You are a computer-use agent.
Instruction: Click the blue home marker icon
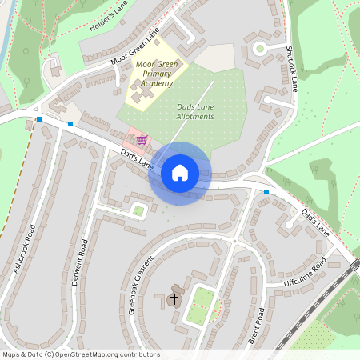coord(180,173)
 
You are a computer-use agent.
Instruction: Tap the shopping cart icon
coord(142,140)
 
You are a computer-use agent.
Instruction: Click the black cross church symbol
coord(174,298)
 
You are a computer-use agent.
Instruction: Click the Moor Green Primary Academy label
coord(155,73)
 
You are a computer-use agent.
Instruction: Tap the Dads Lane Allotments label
coord(195,111)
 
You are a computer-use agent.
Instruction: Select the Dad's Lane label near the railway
coord(315,221)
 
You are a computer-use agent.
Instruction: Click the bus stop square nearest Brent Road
coord(266,192)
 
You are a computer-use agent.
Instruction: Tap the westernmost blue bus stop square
coord(39,119)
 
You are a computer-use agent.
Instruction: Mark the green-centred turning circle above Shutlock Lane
coord(259,48)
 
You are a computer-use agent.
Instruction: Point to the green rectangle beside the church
coord(203,302)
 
